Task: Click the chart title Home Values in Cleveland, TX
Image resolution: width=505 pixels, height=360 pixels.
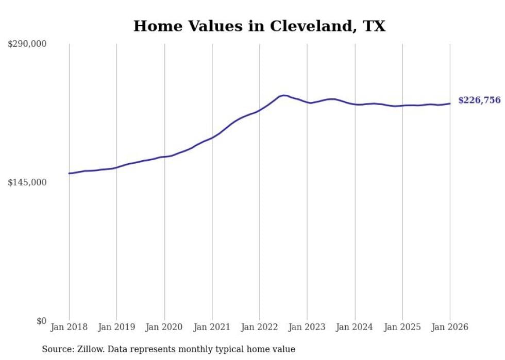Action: click(259, 26)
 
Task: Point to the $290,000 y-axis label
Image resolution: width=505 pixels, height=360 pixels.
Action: click(27, 44)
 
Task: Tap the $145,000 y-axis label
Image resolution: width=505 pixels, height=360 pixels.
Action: click(27, 182)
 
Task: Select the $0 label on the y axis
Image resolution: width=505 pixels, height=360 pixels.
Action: click(41, 321)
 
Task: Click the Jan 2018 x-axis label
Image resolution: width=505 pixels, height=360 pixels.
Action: click(69, 327)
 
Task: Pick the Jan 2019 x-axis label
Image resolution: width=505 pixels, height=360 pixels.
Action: click(116, 327)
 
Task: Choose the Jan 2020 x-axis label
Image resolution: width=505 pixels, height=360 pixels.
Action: click(164, 327)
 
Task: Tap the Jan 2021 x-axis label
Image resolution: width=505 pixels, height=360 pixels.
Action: click(212, 327)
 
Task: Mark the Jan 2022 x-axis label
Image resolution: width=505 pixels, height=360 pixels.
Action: click(260, 327)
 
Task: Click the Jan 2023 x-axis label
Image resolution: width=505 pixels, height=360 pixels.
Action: click(307, 327)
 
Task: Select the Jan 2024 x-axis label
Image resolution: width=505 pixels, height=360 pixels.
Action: click(355, 327)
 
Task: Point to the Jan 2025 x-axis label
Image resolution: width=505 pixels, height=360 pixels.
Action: click(402, 327)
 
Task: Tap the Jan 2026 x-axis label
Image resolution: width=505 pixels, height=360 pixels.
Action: click(450, 327)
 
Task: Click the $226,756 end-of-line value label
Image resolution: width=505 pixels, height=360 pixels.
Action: click(479, 100)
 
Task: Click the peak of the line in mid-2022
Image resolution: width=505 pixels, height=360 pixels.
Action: click(283, 95)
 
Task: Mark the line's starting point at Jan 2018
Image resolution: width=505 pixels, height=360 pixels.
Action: click(69, 173)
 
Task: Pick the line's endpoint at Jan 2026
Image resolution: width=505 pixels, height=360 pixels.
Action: click(450, 104)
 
